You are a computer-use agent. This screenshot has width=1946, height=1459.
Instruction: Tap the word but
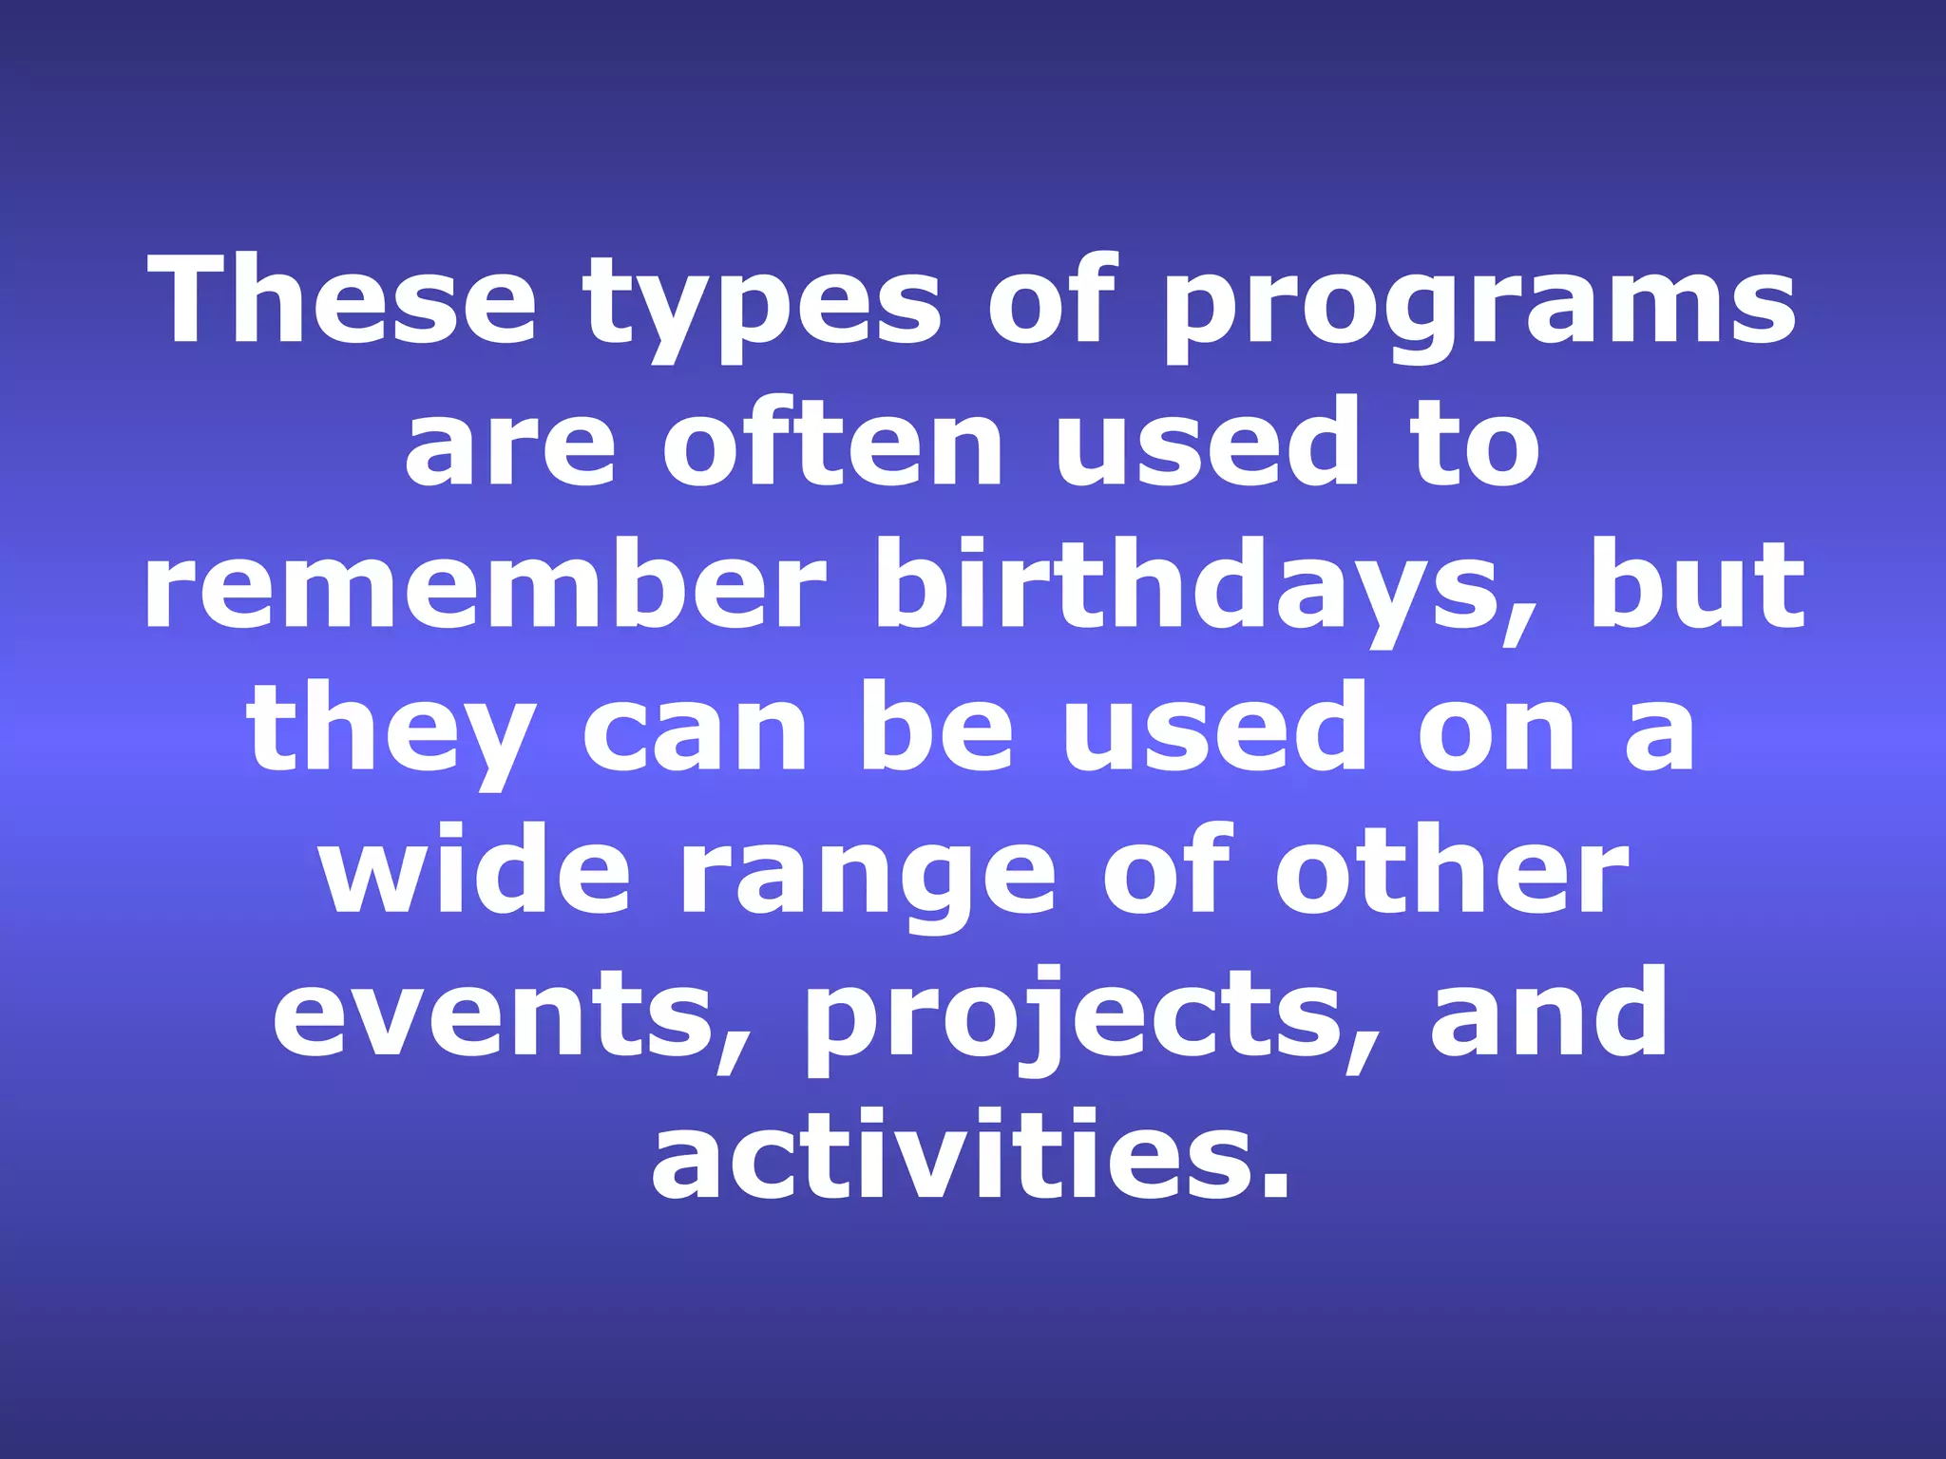point(1697,584)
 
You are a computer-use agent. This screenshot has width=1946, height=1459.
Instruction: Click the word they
point(390,731)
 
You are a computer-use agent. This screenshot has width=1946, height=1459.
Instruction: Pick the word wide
point(475,869)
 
